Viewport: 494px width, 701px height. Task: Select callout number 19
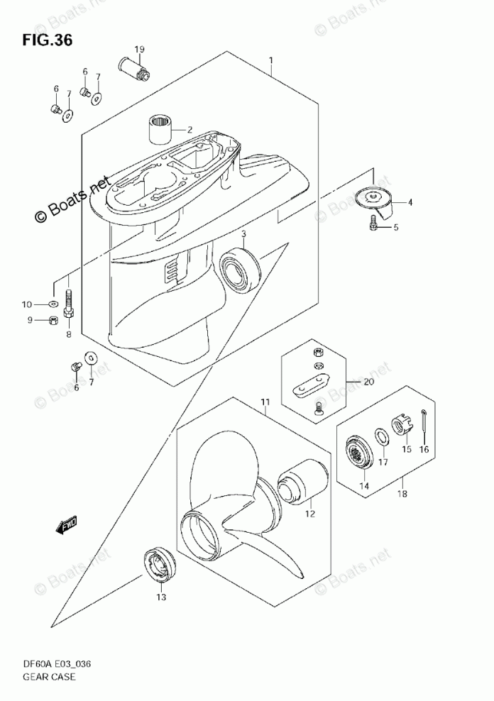tap(139, 49)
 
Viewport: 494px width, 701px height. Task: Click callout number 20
tap(368, 382)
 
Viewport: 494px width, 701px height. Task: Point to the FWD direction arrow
tap(68, 526)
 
